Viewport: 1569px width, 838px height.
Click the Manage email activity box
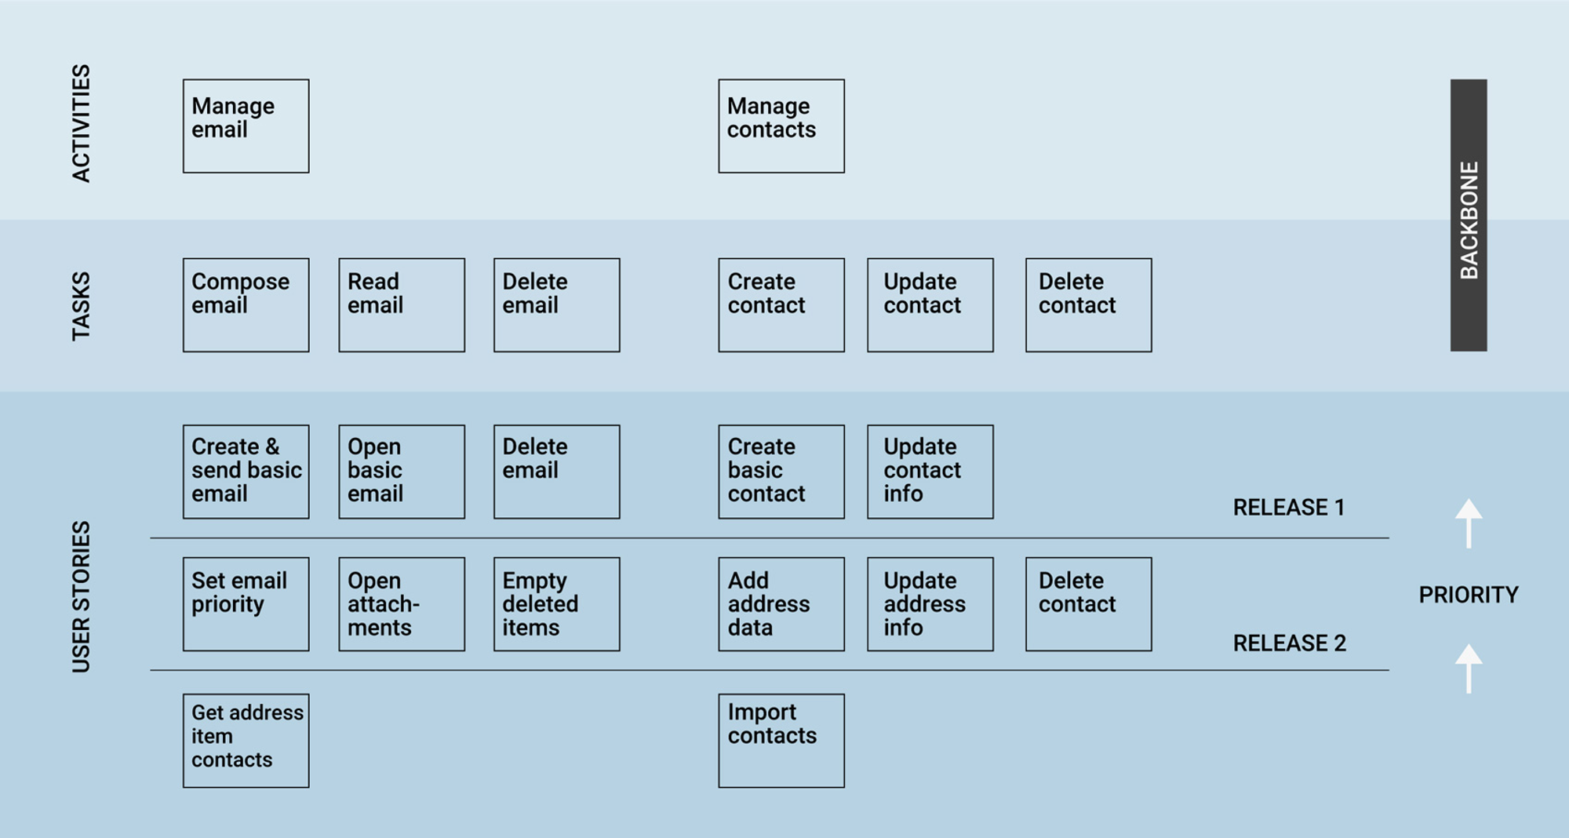click(x=246, y=126)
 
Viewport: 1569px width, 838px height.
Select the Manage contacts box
click(x=781, y=126)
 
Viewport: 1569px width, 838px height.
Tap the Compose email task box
click(x=246, y=304)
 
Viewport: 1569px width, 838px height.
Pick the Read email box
click(x=402, y=304)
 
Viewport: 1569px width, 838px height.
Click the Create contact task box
click(x=781, y=304)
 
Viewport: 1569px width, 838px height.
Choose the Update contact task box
click(x=930, y=304)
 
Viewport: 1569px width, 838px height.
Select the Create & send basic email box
click(x=246, y=472)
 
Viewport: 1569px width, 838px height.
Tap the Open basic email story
click(x=402, y=472)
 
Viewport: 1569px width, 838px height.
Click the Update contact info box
click(x=930, y=472)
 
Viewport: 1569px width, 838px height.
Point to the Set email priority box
click(x=246, y=604)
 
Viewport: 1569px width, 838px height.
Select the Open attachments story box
click(x=402, y=604)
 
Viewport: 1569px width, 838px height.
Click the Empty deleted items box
click(x=556, y=604)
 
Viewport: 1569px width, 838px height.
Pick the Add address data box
click(x=781, y=604)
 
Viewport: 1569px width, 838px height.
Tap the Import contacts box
click(x=781, y=740)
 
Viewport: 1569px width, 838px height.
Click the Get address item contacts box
click(x=246, y=740)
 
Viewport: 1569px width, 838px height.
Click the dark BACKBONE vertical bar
click(x=1469, y=215)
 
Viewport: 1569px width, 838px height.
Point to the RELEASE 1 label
click(x=1289, y=508)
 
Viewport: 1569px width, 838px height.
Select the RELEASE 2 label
click(x=1289, y=643)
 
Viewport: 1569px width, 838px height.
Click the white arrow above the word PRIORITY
click(x=1469, y=523)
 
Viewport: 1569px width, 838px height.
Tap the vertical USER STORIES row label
click(x=81, y=596)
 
